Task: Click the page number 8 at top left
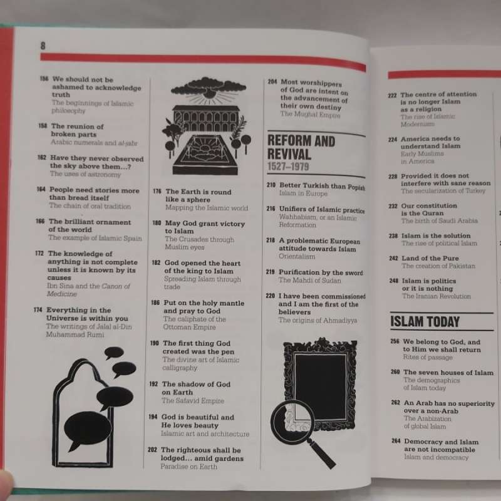(x=43, y=45)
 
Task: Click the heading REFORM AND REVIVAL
(x=301, y=148)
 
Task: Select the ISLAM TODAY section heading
(x=425, y=323)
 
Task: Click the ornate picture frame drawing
(x=320, y=383)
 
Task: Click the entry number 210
(x=271, y=186)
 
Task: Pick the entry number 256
(x=395, y=342)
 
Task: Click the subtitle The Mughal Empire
(x=310, y=115)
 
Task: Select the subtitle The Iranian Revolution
(x=436, y=296)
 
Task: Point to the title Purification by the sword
(x=320, y=272)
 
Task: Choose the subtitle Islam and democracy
(x=436, y=457)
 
